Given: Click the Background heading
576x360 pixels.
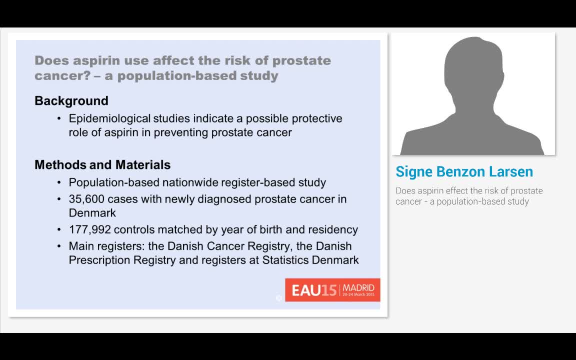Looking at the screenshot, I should (x=71, y=101).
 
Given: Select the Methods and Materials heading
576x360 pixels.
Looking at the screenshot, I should (x=102, y=165).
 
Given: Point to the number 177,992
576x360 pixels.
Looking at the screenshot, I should (x=89, y=229).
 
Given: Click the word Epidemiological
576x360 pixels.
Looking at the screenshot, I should (x=109, y=119).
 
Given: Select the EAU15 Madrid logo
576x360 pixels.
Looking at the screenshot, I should (x=332, y=290).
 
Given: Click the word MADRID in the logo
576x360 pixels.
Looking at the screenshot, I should (x=358, y=288).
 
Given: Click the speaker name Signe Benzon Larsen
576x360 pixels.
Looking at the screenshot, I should (x=464, y=171).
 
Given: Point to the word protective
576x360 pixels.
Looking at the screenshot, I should (x=317, y=119).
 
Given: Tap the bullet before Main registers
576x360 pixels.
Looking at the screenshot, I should (x=59, y=246).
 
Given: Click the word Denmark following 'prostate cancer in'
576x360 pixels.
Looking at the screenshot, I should (x=92, y=213).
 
